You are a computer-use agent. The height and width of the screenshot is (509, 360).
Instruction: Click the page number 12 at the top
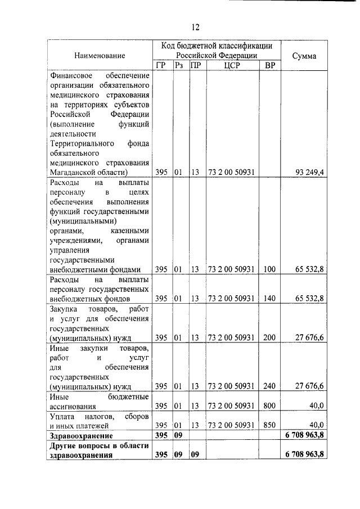click(195, 26)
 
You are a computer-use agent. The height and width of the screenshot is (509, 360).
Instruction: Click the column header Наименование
click(99, 56)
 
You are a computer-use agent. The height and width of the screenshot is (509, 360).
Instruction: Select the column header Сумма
click(304, 56)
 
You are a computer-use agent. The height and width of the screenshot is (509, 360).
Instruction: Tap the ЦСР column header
click(232, 66)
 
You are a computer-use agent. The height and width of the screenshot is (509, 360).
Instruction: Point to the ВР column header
click(270, 66)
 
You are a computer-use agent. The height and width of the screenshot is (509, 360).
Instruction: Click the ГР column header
click(161, 66)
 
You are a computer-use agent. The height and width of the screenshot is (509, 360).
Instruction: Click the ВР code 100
click(269, 269)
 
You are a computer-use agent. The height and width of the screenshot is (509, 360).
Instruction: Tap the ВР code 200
click(269, 337)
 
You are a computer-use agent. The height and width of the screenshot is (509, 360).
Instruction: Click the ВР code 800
click(269, 406)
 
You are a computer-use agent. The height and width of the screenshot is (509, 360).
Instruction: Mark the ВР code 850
click(269, 425)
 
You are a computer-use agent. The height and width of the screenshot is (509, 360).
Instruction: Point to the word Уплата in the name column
click(62, 416)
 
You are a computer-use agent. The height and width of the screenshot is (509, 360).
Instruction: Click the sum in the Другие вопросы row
click(304, 454)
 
